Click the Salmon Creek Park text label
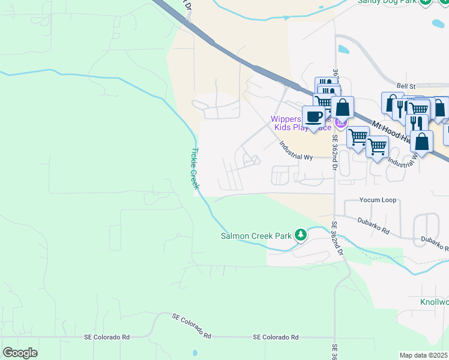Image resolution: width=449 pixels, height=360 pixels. click(x=256, y=236)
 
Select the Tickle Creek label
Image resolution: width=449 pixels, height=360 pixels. click(x=194, y=169)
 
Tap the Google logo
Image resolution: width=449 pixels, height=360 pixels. click(x=20, y=352)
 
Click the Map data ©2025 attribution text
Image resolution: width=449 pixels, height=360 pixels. click(x=423, y=355)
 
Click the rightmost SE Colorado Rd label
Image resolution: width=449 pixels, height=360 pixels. click(x=276, y=338)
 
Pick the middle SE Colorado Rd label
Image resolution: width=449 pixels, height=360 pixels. click(x=192, y=325)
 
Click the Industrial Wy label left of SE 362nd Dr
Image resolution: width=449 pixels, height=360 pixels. click(x=297, y=151)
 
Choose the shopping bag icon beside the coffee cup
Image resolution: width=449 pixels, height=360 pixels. click(x=342, y=108)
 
